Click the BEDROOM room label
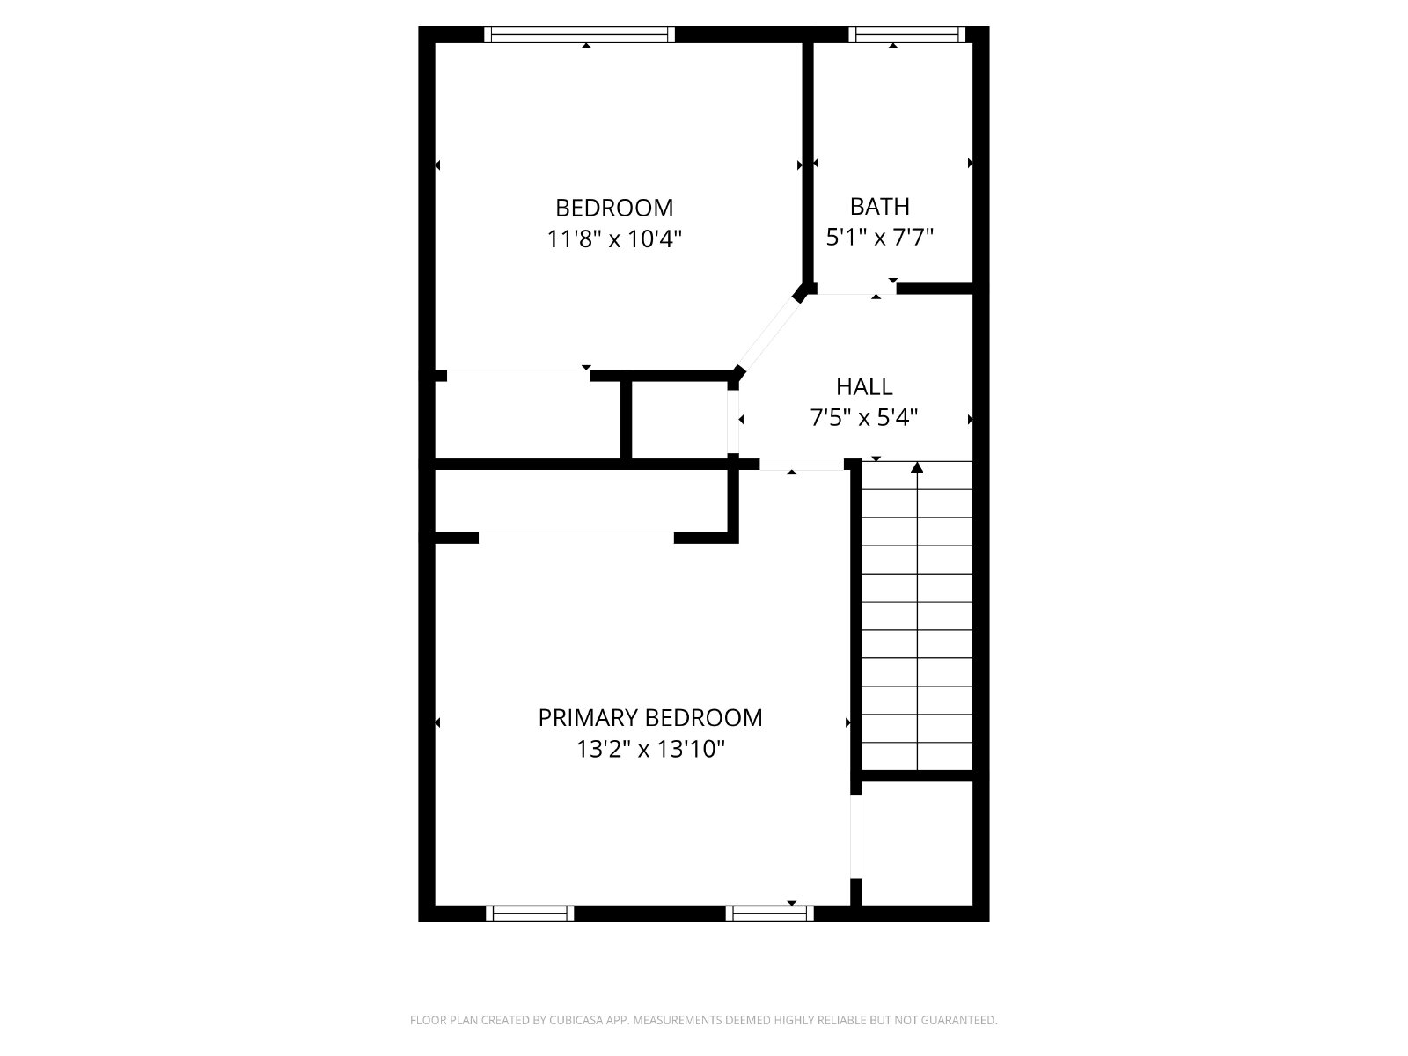tap(614, 208)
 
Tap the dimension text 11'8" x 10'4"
tap(614, 239)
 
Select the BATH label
tap(879, 207)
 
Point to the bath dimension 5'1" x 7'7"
tap(879, 238)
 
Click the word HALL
tap(864, 386)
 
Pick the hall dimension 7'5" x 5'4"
tap(864, 418)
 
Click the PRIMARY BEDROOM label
tap(649, 717)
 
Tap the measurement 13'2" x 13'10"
tap(649, 749)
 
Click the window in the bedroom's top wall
tap(579, 34)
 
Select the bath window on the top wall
tap(907, 34)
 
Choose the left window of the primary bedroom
tap(530, 913)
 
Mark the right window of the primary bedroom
tap(770, 913)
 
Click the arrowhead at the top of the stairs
tap(917, 467)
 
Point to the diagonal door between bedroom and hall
tap(768, 334)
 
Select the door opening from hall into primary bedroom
tap(802, 465)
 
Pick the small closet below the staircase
tap(917, 843)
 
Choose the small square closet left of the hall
tap(679, 420)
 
